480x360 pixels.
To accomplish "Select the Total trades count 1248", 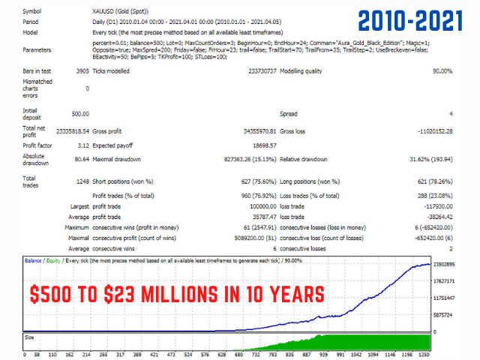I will (x=81, y=181).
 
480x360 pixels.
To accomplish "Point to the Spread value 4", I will (x=450, y=115).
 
